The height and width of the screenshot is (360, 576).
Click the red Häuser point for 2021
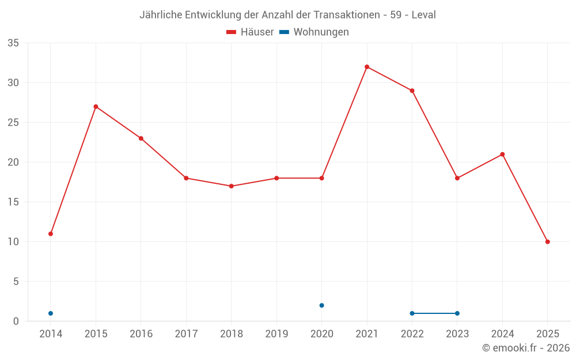[367, 67]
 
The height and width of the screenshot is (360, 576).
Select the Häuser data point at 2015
[96, 107]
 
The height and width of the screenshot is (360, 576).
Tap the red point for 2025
[547, 242]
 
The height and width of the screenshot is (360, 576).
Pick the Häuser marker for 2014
[51, 234]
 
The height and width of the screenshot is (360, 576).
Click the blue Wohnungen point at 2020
[321, 305]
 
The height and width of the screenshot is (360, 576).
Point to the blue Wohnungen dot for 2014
[51, 313]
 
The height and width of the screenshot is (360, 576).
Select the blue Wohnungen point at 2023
[457, 313]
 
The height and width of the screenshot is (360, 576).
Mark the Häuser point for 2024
[502, 154]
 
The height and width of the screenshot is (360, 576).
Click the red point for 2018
[231, 186]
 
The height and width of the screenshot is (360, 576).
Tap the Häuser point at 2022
[412, 90]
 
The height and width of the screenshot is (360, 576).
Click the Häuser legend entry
[250, 32]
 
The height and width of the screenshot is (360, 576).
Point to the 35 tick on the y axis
[13, 43]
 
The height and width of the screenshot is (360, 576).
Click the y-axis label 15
[13, 202]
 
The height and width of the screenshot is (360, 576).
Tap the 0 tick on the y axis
[16, 321]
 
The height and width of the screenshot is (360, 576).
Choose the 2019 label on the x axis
[276, 334]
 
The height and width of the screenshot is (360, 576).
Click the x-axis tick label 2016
[141, 334]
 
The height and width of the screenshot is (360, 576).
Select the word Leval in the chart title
[423, 15]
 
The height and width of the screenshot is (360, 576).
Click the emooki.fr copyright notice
[525, 348]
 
